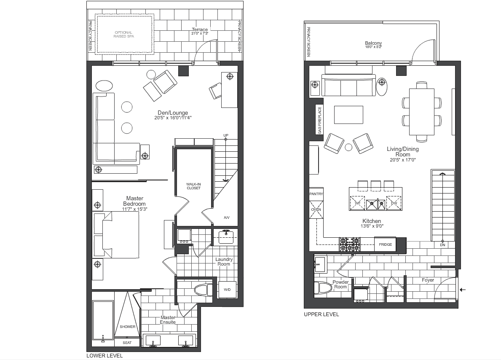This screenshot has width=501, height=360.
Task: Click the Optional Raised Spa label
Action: [123, 35]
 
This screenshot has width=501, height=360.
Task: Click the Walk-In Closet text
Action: [194, 186]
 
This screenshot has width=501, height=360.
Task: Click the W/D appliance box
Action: [227, 290]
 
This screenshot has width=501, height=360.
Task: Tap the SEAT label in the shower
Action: [127, 343]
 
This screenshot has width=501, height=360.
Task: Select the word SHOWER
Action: [128, 327]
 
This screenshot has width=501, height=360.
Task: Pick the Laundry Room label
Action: [224, 261]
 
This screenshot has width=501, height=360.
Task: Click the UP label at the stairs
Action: [226, 135]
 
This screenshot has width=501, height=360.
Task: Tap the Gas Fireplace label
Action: [320, 120]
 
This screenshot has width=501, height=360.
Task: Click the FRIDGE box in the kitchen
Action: [385, 244]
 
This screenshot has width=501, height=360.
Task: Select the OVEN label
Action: [316, 210]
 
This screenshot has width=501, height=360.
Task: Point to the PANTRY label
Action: [316, 194]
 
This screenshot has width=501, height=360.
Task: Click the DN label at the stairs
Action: [442, 245]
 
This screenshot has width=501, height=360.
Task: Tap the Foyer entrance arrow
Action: [463, 290]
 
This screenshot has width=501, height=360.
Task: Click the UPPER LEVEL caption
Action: [321, 314]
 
